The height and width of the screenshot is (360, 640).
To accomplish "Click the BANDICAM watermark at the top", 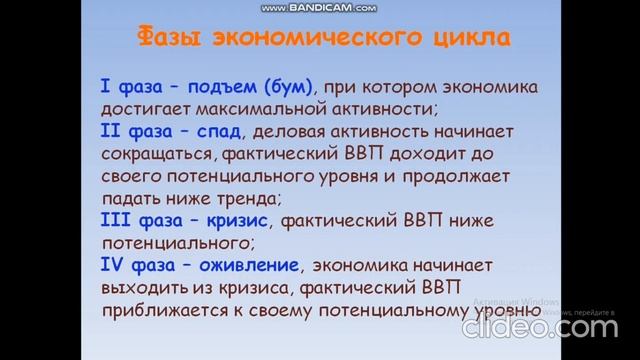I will tap(320, 7).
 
